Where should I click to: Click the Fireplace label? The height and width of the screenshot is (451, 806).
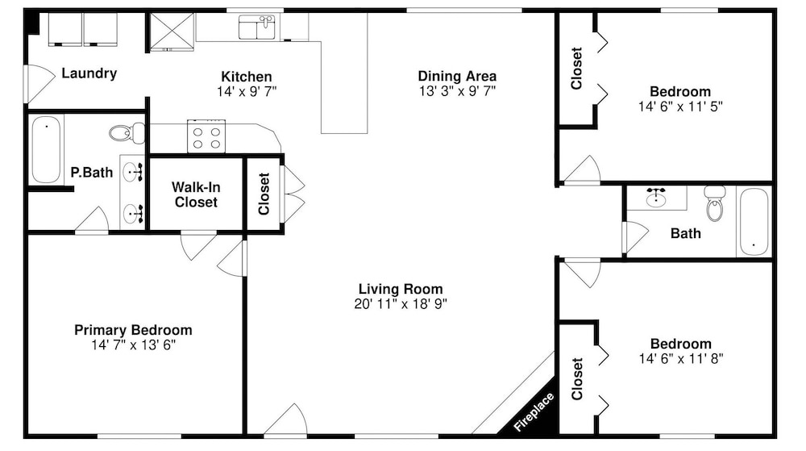click(x=534, y=411)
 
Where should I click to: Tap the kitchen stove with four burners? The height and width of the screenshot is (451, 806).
click(x=206, y=136)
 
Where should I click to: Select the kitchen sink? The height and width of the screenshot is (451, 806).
click(x=257, y=27)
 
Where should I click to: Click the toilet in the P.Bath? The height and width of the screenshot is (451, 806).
click(x=127, y=133)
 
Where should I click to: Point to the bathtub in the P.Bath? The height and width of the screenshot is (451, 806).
click(x=46, y=149)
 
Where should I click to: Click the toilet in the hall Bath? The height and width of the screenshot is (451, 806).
click(x=714, y=203)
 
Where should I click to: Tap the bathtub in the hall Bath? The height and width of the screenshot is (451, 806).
click(x=754, y=222)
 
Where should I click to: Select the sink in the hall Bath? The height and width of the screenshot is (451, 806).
click(x=656, y=198)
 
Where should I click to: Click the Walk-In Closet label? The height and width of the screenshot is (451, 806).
click(x=196, y=194)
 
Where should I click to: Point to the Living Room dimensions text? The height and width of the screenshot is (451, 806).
click(x=401, y=304)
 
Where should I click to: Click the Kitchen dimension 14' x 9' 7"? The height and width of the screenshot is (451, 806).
click(x=247, y=91)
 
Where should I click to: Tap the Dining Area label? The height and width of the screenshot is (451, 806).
click(x=457, y=76)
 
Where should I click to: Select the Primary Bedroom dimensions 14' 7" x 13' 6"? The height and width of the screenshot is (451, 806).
click(x=134, y=345)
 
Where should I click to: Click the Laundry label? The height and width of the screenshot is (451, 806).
click(x=89, y=73)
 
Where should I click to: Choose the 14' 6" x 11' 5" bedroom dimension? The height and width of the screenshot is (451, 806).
click(x=680, y=106)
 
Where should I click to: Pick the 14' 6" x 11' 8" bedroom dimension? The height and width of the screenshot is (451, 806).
click(x=681, y=358)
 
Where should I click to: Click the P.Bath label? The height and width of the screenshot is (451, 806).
click(x=92, y=173)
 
